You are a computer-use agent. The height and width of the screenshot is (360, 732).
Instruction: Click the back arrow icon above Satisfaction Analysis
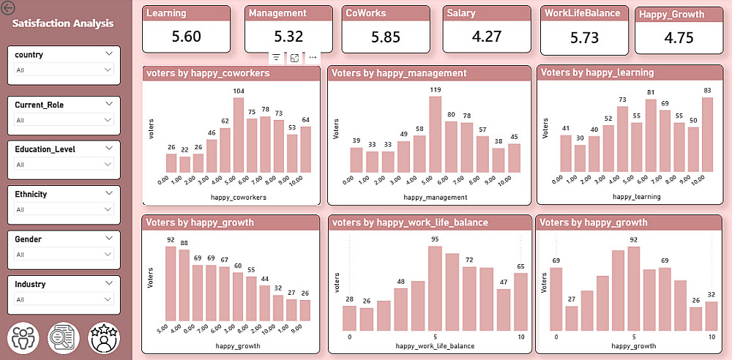(x=9, y=9)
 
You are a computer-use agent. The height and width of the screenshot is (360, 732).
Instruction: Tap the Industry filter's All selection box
(x=63, y=299)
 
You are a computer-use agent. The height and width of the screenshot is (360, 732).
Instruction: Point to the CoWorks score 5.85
(x=386, y=37)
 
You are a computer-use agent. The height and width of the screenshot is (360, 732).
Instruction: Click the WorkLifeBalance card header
(x=583, y=13)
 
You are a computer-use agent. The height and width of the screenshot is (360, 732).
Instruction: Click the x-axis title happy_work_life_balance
(x=435, y=345)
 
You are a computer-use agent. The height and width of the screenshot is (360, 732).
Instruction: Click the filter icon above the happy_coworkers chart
(x=276, y=57)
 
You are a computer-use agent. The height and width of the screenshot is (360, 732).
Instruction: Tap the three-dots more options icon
(x=313, y=57)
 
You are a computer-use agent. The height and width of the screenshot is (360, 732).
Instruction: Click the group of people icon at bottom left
(x=23, y=337)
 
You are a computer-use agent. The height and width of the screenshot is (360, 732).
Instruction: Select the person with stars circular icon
(x=103, y=337)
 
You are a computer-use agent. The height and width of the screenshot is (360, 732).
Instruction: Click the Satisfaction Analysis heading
(x=63, y=23)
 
